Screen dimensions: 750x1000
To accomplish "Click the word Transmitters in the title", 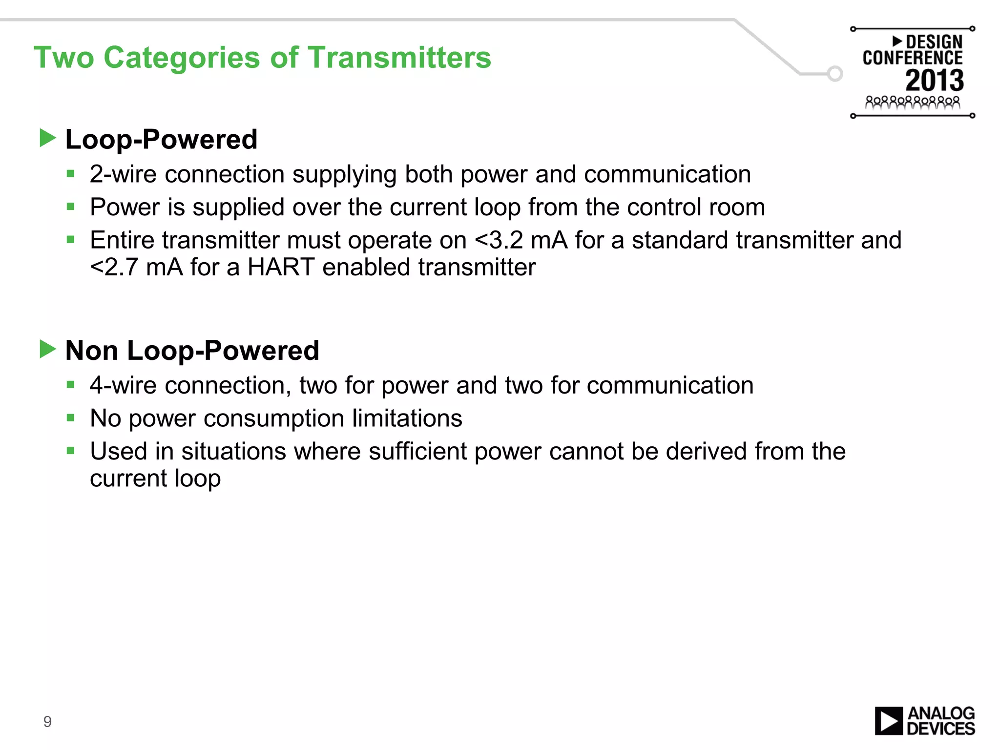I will pyautogui.click(x=399, y=58).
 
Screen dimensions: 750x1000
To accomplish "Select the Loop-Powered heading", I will pyautogui.click(x=161, y=140).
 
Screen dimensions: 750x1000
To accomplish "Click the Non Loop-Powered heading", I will pyautogui.click(x=192, y=351).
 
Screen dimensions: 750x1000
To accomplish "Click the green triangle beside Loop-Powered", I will pyautogui.click(x=47, y=138).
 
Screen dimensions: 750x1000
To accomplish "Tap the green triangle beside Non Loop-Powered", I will pyautogui.click(x=47, y=349).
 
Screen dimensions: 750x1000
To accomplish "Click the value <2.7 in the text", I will pyautogui.click(x=114, y=268).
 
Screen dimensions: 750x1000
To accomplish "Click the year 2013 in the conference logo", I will pyautogui.click(x=935, y=81).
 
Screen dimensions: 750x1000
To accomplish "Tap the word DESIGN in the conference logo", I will pyautogui.click(x=934, y=42).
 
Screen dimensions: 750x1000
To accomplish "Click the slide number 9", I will pyautogui.click(x=47, y=721).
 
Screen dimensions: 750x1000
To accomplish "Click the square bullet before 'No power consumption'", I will pyautogui.click(x=71, y=418).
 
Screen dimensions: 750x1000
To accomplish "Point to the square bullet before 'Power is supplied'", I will pyautogui.click(x=71, y=207).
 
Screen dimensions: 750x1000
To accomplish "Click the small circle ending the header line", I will pyautogui.click(x=835, y=74).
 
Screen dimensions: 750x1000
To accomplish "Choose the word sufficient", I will pyautogui.click(x=417, y=451).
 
